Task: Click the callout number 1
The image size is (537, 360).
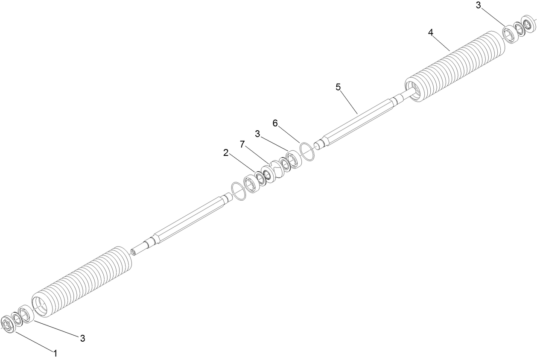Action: pos(55,353)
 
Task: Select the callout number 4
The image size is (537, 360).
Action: pos(431,32)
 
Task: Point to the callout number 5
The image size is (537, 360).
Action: pos(338,87)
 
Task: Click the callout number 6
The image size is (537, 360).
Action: pos(275,123)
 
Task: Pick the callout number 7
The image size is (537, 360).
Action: pos(242,144)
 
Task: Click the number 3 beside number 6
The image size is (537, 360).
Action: pos(257,134)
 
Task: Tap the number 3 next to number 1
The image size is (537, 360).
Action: pos(83,338)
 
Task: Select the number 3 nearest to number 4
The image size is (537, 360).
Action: pos(479,5)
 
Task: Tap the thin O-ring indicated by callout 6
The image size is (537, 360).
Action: pos(308,152)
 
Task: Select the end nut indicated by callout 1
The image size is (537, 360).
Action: pos(7,324)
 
